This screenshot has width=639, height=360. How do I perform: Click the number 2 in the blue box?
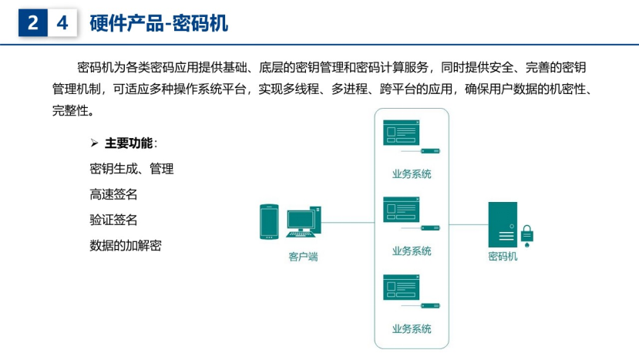click(33, 22)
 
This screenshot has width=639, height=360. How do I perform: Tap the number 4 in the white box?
click(62, 23)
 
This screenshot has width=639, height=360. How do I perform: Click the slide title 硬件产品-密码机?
click(159, 23)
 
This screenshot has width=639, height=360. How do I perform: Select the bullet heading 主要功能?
click(129, 143)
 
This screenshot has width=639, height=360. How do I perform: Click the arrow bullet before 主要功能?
click(94, 143)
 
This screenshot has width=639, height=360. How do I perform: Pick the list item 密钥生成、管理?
click(132, 168)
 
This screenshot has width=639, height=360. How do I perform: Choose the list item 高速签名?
click(113, 194)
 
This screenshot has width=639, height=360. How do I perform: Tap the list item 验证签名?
click(113, 220)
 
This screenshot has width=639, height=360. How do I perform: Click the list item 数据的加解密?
click(126, 245)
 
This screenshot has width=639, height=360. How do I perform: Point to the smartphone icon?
click(269, 221)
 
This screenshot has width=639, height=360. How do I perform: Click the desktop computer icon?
click(304, 222)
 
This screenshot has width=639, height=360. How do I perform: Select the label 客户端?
click(303, 257)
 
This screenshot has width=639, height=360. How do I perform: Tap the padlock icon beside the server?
click(527, 236)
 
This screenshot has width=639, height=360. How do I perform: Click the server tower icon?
click(503, 224)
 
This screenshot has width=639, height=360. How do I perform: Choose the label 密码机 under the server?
click(503, 256)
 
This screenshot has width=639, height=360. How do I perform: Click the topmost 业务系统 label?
click(412, 174)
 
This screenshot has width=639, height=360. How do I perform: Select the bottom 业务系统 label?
click(412, 328)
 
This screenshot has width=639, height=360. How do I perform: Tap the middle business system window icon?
click(402, 210)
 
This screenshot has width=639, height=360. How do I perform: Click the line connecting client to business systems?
click(348, 223)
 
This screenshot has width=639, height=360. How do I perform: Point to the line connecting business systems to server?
click(469, 224)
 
